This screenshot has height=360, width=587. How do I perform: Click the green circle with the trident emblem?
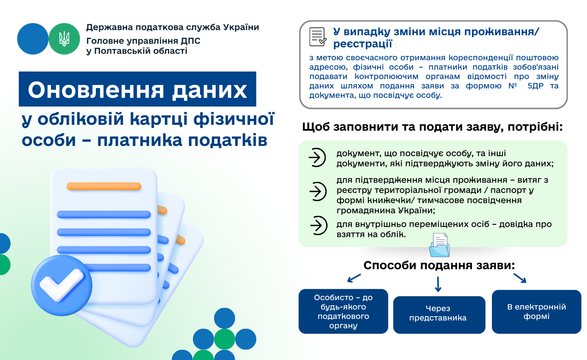[x=64, y=39]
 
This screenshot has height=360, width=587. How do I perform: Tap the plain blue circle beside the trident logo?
[x=33, y=39]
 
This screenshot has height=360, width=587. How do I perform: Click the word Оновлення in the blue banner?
[x=96, y=90]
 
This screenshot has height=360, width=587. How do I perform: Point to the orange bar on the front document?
[x=104, y=186]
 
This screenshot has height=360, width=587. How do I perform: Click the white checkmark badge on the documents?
[x=61, y=285]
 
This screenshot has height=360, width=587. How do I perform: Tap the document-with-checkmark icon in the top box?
[x=318, y=37]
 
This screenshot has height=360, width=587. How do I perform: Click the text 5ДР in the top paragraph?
[x=535, y=86]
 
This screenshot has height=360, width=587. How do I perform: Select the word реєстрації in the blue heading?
[x=362, y=44]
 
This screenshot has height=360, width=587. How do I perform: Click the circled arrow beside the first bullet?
[x=317, y=157]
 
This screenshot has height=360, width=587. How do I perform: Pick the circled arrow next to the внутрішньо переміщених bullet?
[x=319, y=225]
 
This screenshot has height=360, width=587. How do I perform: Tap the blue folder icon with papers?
[x=439, y=245]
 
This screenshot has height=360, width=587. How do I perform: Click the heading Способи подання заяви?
[x=439, y=265]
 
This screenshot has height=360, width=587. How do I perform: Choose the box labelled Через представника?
[x=439, y=315]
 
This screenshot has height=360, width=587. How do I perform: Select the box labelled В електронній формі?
[x=537, y=311]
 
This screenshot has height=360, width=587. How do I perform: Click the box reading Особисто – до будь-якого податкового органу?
[x=343, y=311]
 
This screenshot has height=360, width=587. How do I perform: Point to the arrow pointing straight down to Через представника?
[x=438, y=284]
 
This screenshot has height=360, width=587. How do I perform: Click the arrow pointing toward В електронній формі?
[x=520, y=278]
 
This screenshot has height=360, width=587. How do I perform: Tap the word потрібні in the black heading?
[x=535, y=127]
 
